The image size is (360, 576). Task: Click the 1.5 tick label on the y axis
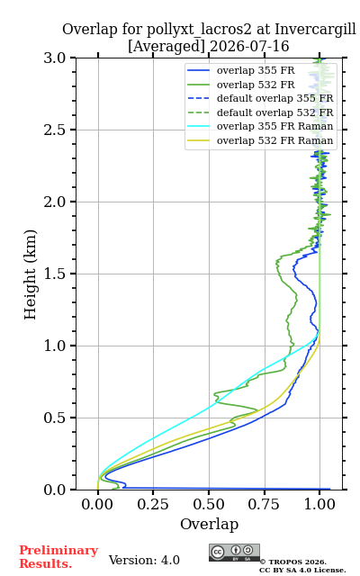55,274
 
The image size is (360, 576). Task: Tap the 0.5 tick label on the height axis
55,418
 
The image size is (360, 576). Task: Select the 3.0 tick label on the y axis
55,58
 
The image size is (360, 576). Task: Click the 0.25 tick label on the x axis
153,504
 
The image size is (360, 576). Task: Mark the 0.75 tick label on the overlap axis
264,504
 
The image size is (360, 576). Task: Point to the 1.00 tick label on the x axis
319,504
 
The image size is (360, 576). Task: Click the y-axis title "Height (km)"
31,274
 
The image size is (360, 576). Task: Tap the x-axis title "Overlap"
210,524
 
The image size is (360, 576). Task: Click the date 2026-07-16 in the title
249,46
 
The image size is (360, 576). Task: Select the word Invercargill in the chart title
316,30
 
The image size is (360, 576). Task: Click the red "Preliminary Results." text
58,557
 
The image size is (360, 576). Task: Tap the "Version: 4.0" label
144,560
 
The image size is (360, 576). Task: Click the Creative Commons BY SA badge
234,553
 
